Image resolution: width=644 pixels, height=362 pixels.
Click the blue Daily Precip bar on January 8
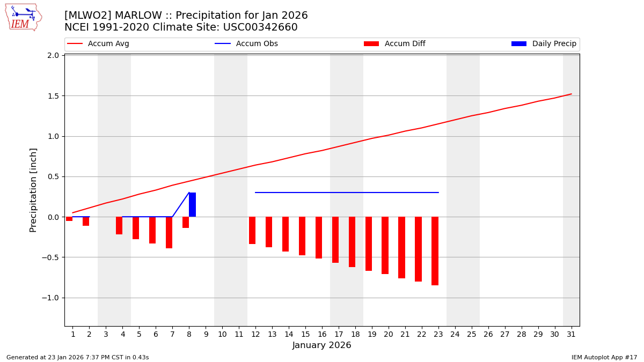pos(192,205)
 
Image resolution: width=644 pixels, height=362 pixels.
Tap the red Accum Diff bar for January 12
pos(252,231)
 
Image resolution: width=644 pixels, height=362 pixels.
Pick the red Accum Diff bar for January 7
pos(169,233)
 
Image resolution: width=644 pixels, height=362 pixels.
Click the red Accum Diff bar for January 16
pos(319,238)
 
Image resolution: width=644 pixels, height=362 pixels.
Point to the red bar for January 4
pos(119,226)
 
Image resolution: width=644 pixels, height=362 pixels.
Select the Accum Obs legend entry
pos(246,44)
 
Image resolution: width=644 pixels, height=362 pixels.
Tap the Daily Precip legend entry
pos(544,44)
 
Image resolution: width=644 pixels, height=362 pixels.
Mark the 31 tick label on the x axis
pos(571,334)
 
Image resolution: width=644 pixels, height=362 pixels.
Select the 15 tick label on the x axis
pos(305,334)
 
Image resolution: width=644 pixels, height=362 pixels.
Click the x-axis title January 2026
pos(321,345)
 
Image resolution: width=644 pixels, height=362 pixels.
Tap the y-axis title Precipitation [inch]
pos(33,190)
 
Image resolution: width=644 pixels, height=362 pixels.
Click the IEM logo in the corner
pos(23,17)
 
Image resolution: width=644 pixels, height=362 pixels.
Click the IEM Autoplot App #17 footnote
pos(604,357)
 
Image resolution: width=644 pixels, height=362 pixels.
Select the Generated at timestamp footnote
pos(78,357)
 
